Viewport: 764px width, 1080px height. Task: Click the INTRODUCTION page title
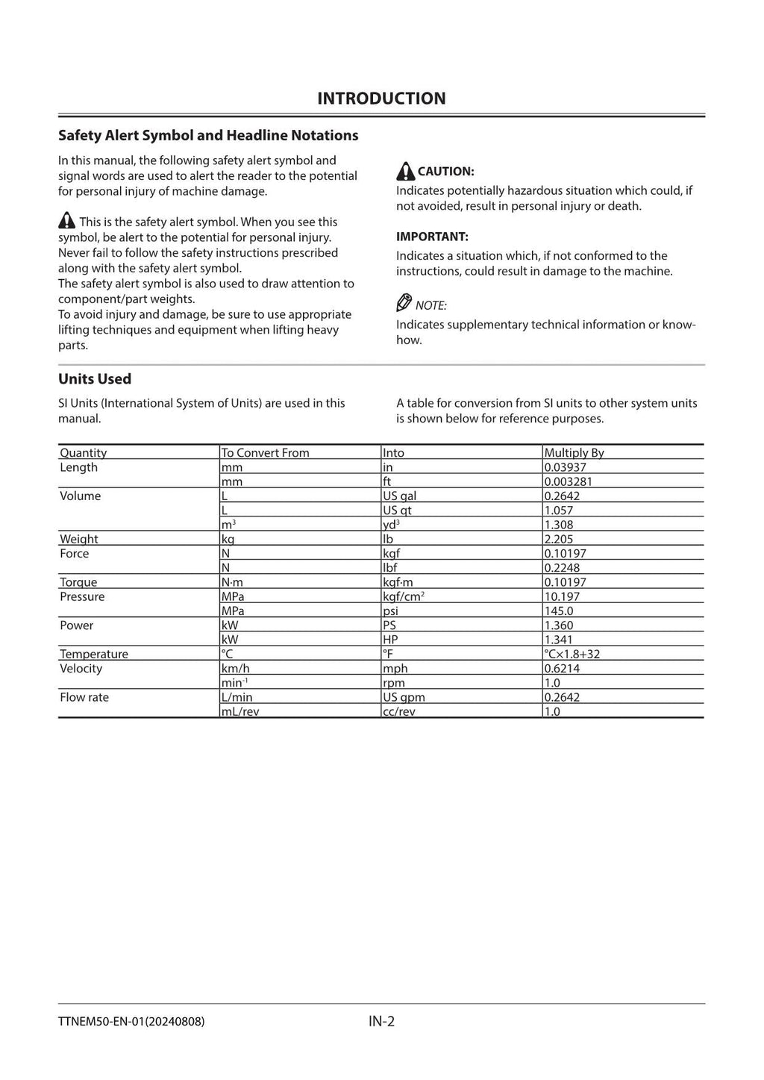[x=381, y=99]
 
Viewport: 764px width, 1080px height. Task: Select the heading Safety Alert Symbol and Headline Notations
[x=208, y=135]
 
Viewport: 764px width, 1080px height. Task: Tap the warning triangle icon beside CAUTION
[x=405, y=171]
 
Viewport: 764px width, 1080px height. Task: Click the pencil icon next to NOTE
[x=404, y=303]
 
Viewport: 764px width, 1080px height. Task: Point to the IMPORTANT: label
[x=432, y=237]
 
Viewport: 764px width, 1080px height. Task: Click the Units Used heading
[x=95, y=379]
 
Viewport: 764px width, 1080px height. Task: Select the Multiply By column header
[x=574, y=452]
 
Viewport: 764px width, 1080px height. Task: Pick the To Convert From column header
[x=265, y=452]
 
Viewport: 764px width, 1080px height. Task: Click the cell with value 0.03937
[x=565, y=467]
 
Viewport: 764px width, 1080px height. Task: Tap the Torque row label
[x=78, y=582]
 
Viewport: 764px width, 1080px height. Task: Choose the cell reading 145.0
[x=558, y=611]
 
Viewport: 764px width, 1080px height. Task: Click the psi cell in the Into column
[x=390, y=611]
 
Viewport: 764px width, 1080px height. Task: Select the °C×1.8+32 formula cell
[x=572, y=654]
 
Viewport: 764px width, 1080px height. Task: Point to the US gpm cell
[x=404, y=697]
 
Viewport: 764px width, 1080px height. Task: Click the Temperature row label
[x=94, y=654]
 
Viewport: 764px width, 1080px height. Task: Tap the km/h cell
[x=235, y=669]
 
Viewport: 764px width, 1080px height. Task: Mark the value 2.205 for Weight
[x=558, y=539]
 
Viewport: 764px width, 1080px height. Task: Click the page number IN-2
[x=381, y=1021]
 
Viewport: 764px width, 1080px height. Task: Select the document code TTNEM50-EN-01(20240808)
[x=131, y=1021]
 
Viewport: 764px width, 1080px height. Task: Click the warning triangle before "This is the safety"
[x=66, y=221]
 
